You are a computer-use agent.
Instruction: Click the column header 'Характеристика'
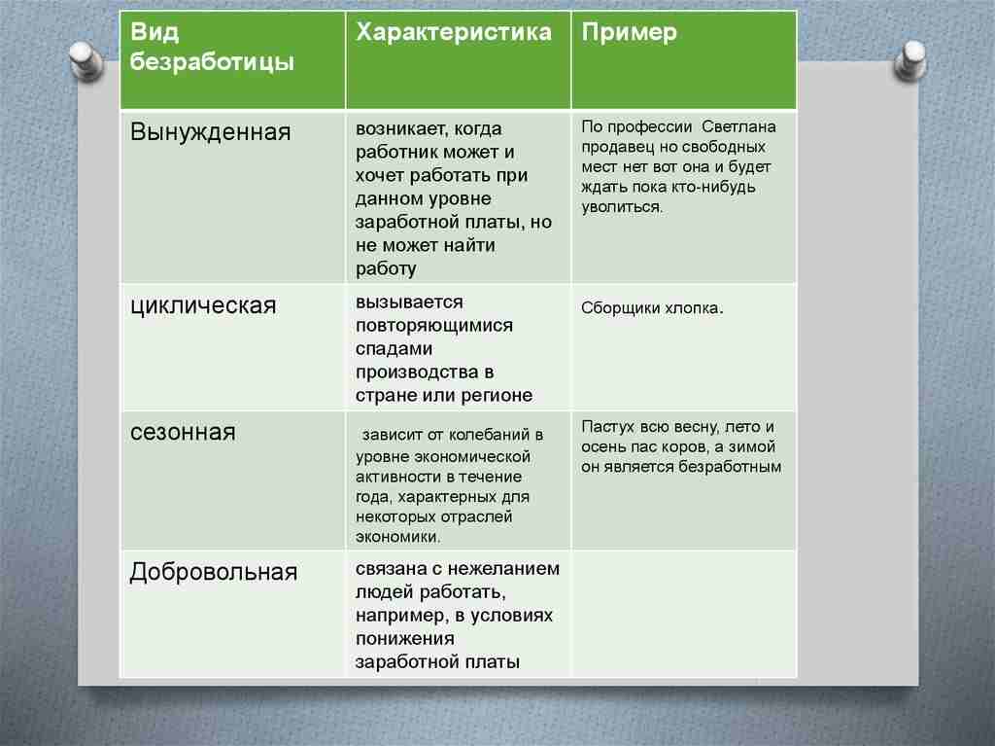(454, 33)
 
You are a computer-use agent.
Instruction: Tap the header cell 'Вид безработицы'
(213, 48)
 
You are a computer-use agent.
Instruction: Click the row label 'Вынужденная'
(211, 132)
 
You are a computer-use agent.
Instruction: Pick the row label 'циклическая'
(203, 305)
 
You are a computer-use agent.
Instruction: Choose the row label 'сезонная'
(183, 432)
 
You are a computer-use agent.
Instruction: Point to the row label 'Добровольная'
(213, 572)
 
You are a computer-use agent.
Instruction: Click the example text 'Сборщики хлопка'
(650, 308)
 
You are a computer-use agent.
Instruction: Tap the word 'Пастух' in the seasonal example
(607, 427)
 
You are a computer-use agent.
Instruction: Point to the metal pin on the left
(86, 59)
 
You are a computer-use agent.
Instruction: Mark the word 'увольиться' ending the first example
(622, 207)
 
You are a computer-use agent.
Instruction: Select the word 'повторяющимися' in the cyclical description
(433, 325)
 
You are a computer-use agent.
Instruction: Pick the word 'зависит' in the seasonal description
(391, 435)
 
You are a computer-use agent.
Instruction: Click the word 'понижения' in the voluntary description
(405, 639)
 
